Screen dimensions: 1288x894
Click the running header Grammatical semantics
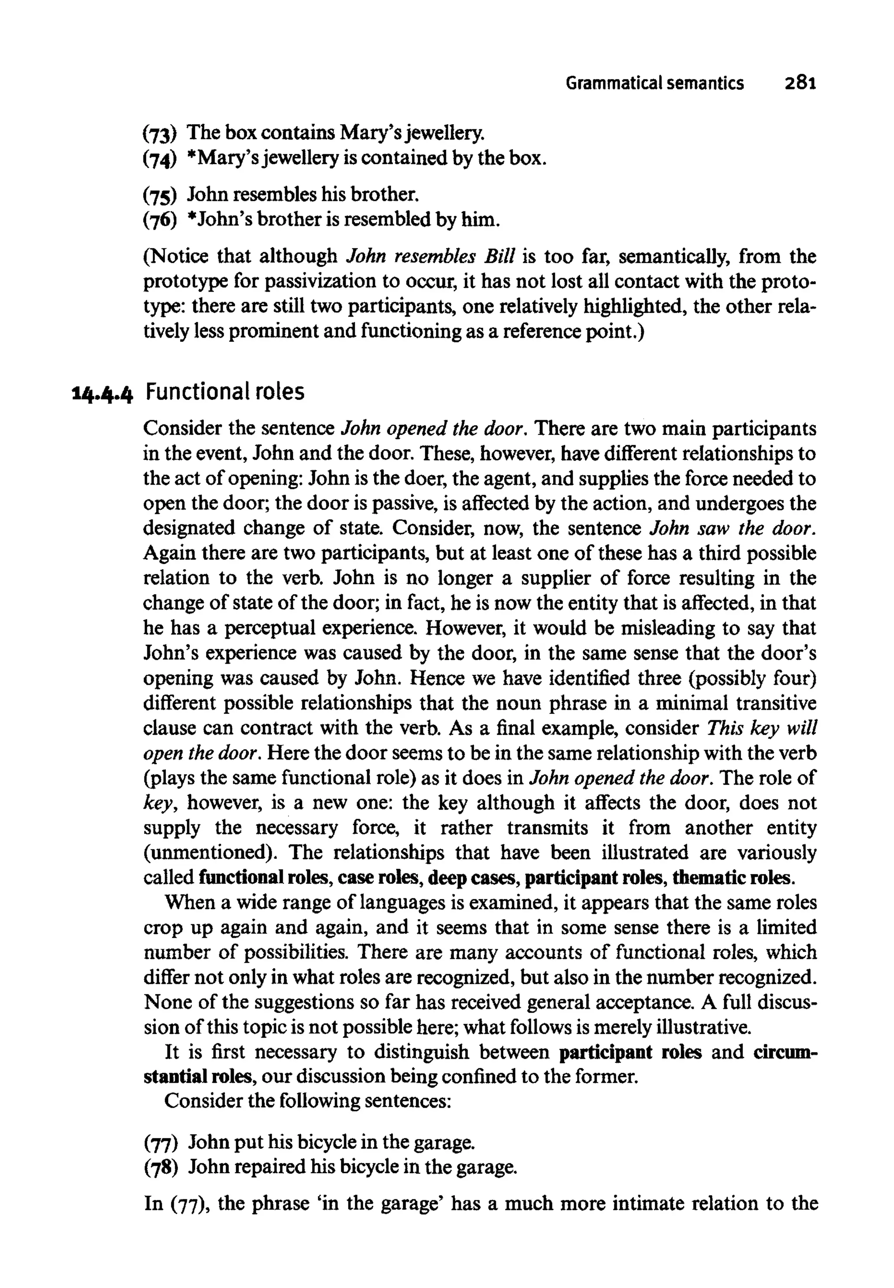point(654,83)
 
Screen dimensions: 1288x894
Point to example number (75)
point(160,196)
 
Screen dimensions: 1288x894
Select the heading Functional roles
point(225,392)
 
